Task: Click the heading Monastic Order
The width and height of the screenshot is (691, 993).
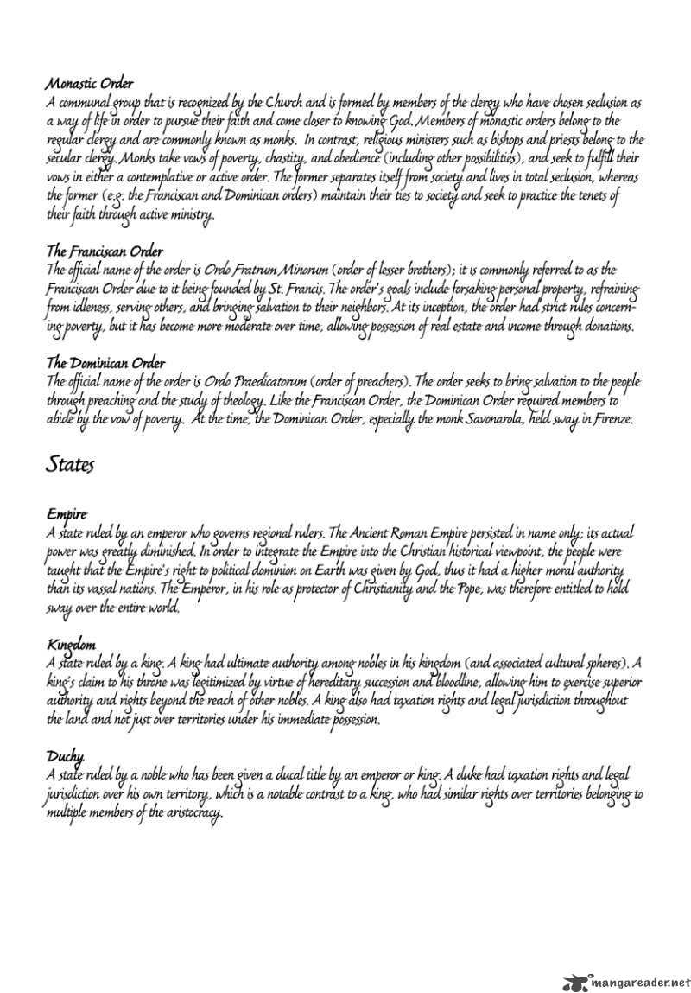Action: point(90,84)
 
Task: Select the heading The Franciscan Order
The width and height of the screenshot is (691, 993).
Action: point(105,251)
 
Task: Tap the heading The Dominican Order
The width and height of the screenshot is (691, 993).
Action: point(105,363)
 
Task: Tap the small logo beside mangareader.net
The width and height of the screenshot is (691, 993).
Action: point(573,982)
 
